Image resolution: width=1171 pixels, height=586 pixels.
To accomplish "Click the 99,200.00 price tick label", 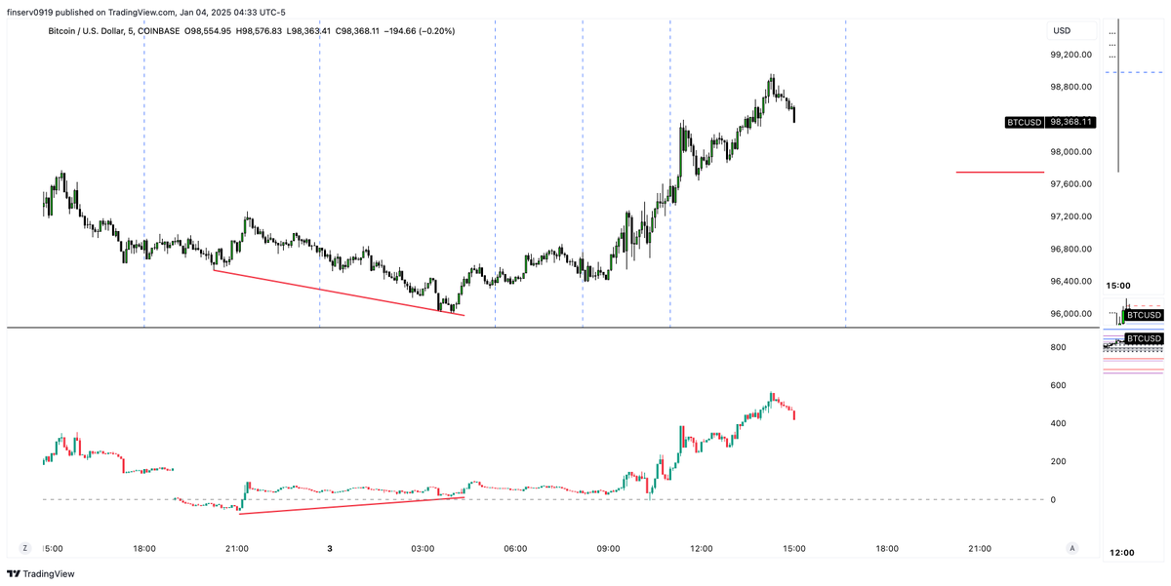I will tap(1070, 55).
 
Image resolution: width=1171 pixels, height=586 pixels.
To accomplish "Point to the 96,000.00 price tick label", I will tap(1070, 314).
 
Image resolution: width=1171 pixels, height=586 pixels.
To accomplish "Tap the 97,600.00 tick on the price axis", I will tap(1070, 184).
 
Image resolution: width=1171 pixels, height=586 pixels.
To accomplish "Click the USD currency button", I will tap(1062, 30).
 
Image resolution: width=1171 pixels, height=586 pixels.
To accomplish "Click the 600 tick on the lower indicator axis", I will tap(1060, 385).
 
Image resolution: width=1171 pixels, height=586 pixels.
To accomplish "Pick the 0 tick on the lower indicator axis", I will tap(1052, 499).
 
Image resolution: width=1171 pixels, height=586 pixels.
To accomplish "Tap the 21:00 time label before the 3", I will tap(237, 549).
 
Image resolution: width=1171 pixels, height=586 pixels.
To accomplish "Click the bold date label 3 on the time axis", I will tap(330, 549).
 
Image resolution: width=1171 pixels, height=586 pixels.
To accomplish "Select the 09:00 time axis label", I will tap(608, 549).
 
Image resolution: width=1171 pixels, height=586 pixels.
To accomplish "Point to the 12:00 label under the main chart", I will tap(701, 549).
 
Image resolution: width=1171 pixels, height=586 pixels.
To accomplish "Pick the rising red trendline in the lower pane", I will tap(351, 505).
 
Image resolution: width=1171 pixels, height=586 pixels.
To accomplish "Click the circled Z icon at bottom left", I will tap(25, 549).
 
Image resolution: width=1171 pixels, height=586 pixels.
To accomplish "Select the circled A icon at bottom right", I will tap(1072, 549).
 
